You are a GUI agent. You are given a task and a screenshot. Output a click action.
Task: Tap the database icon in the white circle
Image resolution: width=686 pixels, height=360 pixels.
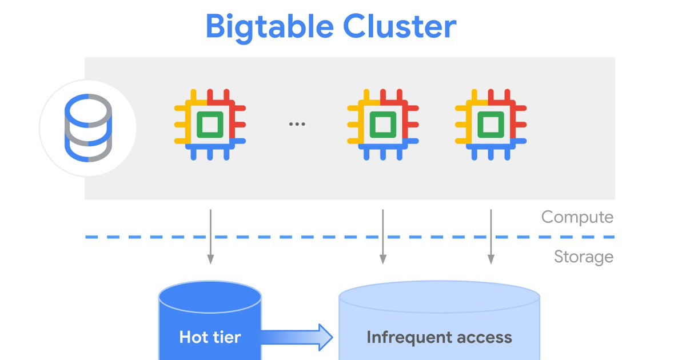(x=88, y=128)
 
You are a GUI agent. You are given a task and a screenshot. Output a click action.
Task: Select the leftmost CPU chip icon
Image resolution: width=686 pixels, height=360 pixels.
(x=210, y=125)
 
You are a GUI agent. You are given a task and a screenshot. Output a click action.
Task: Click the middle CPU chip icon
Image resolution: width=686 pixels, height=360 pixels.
(x=382, y=125)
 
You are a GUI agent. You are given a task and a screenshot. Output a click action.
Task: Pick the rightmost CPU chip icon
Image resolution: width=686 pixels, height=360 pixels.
(x=490, y=125)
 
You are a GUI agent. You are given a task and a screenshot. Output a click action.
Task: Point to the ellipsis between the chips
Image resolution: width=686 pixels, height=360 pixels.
(x=297, y=124)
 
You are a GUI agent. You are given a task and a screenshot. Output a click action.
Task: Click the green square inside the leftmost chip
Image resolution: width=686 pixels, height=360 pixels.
(x=210, y=125)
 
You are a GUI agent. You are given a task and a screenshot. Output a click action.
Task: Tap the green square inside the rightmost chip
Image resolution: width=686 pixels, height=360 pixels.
(x=490, y=125)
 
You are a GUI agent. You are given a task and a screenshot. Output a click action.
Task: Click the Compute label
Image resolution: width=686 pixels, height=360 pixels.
(x=577, y=217)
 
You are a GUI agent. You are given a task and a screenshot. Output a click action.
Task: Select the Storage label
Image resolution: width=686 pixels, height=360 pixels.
(x=583, y=257)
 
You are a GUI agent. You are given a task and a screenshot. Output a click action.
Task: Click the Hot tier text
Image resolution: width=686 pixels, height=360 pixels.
(x=210, y=337)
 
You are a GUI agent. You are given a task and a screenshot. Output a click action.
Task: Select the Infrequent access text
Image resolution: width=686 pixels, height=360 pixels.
(x=439, y=337)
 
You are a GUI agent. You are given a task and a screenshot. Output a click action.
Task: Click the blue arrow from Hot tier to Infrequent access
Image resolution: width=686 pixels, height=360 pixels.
(x=297, y=337)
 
